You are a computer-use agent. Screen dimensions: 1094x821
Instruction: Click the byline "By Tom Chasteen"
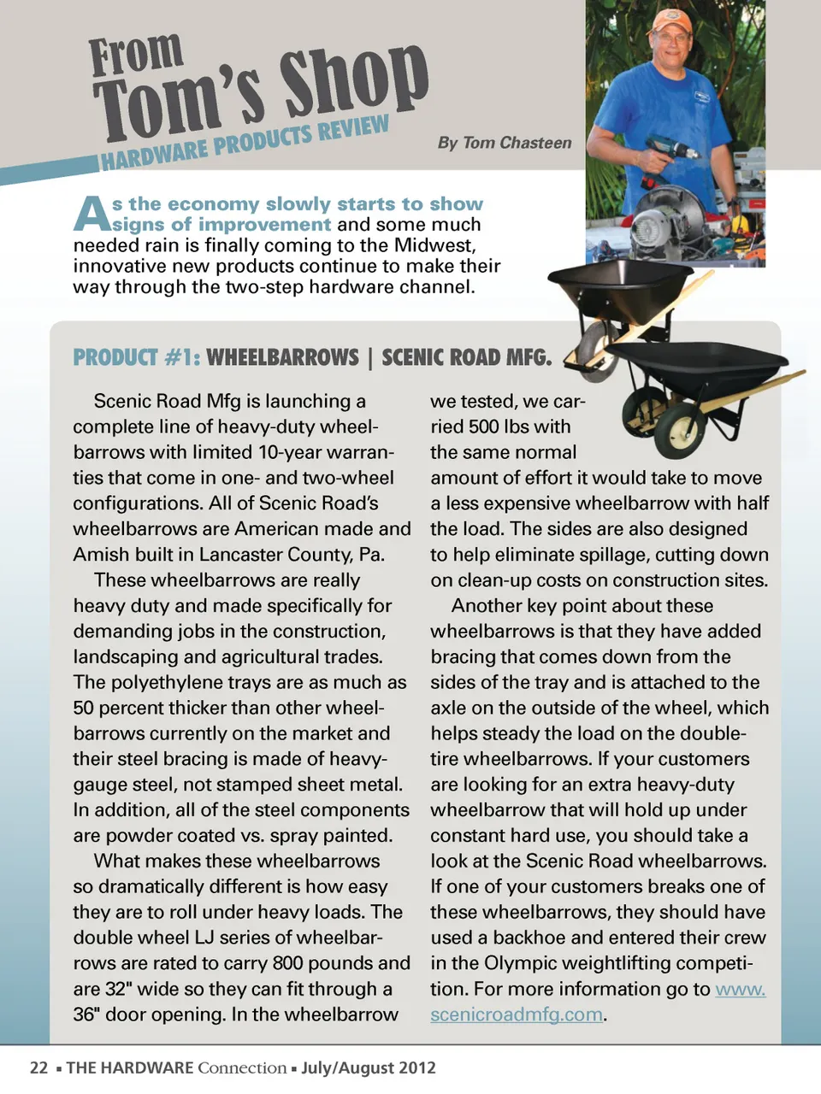(505, 143)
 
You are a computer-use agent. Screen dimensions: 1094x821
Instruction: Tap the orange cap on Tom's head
(671, 21)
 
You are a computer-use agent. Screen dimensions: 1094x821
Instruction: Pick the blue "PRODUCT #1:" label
(137, 357)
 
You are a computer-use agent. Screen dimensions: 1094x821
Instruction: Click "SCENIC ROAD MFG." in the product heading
(467, 357)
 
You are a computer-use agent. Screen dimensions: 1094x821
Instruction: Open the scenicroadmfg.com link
(516, 1015)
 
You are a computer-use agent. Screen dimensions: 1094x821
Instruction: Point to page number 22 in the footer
(38, 1068)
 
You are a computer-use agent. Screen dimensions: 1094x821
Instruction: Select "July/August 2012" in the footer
(369, 1068)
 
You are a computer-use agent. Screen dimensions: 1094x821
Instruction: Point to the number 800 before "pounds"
(287, 963)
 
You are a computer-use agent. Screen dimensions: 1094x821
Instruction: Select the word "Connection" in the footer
(242, 1068)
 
